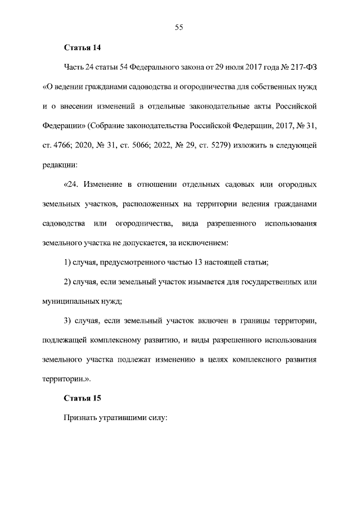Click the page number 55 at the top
pos(179,27)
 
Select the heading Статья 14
pos(82,48)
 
